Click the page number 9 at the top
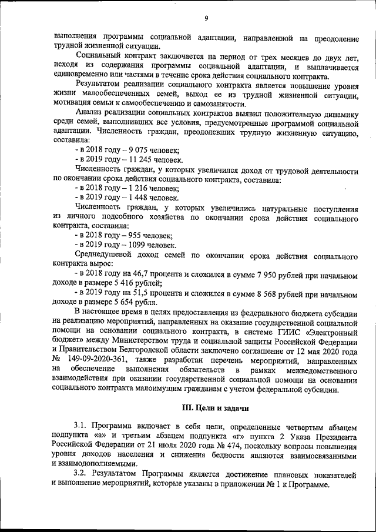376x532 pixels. (x=206, y=18)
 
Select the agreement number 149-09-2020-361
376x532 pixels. (x=100, y=357)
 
